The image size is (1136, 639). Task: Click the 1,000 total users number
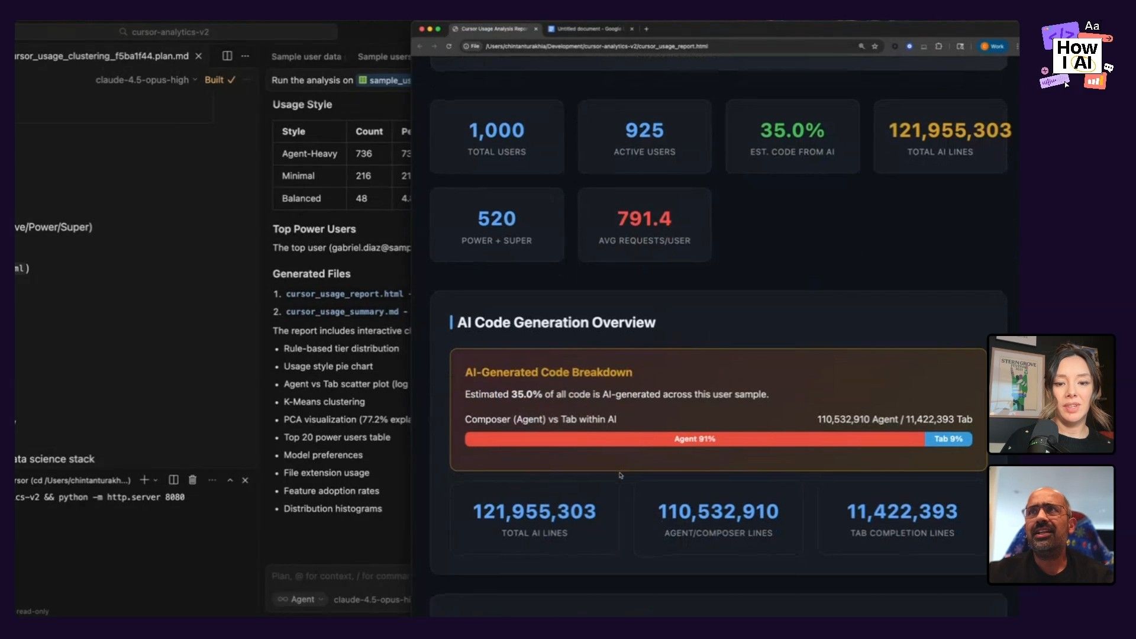tap(496, 131)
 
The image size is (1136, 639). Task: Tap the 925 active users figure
tap(644, 131)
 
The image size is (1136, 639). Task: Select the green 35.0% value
tap(792, 131)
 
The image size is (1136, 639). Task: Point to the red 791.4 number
tap(644, 219)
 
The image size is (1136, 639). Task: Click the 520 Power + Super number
tap(496, 219)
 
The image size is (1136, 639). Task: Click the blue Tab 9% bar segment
tap(948, 439)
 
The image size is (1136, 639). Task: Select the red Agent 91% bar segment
tap(694, 439)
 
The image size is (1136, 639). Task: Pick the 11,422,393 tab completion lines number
tap(902, 512)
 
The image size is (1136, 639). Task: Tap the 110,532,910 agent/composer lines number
tap(718, 512)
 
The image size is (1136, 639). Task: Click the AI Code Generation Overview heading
tap(556, 322)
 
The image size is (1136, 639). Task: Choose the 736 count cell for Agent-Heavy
tap(363, 154)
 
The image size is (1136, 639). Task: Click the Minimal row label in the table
tap(298, 176)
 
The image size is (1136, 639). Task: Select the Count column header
tap(369, 131)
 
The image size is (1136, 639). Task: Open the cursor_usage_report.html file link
tap(344, 294)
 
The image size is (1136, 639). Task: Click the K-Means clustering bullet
tap(324, 402)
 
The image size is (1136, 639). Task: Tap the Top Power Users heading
tap(314, 229)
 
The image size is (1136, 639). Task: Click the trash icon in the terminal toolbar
tap(192, 480)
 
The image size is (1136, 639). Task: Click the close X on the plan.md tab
tap(199, 56)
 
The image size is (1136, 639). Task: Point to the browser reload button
tap(449, 46)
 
